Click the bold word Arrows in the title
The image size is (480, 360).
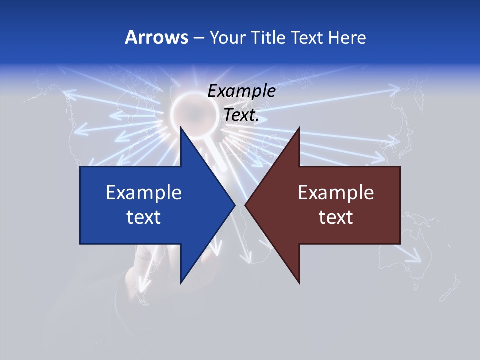click(156, 37)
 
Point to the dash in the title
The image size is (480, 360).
click(198, 38)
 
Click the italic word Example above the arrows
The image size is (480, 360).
click(242, 91)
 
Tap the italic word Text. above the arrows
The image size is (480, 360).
click(242, 115)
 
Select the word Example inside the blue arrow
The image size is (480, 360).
click(144, 192)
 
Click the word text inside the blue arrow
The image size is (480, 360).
click(144, 217)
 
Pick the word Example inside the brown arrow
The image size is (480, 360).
click(336, 192)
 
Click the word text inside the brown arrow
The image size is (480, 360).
click(336, 217)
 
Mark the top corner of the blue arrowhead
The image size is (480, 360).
click(181, 128)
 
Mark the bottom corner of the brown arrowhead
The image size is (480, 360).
click(299, 283)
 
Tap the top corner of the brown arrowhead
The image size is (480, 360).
click(299, 128)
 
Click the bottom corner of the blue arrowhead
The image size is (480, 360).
click(181, 282)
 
